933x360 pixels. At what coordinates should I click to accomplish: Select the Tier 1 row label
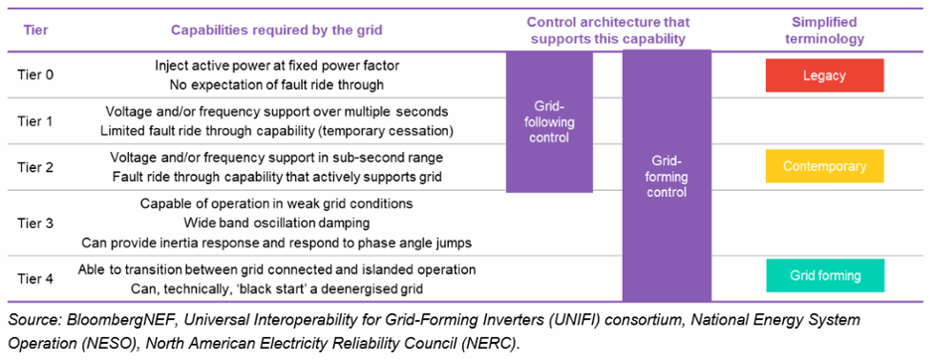pos(34,120)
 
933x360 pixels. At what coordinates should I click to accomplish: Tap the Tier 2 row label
pos(34,167)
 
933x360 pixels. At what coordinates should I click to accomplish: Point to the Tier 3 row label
pos(34,222)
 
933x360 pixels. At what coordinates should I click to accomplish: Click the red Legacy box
pos(824,74)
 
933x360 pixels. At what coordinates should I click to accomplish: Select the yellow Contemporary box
pos(824,166)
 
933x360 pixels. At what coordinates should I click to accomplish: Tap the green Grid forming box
pos(824,276)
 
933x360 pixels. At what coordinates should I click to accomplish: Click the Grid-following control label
pos(549,121)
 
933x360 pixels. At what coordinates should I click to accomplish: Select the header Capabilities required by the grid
pos(277,30)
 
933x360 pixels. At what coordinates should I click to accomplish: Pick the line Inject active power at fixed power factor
pos(276,66)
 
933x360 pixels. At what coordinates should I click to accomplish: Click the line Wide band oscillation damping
pos(277,222)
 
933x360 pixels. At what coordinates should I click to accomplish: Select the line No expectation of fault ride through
pos(277,83)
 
